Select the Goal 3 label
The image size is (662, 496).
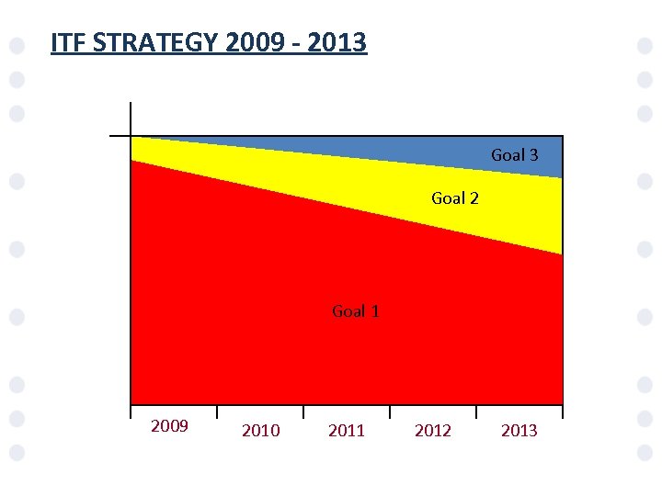tap(514, 155)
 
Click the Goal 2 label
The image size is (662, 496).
tap(454, 198)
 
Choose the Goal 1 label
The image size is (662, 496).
tap(355, 311)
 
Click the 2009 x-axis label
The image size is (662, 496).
tap(169, 426)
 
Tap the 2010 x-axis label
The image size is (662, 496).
tap(260, 431)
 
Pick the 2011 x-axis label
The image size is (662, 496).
tap(347, 431)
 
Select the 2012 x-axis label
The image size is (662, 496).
tap(433, 431)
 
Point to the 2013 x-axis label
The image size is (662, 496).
tap(519, 431)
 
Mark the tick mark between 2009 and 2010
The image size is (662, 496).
tap(217, 412)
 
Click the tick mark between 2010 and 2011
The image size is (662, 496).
tap(303, 412)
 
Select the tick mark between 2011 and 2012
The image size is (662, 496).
tap(390, 412)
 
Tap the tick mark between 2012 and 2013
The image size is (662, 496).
tap(476, 412)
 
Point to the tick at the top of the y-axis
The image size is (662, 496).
tap(120, 136)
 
